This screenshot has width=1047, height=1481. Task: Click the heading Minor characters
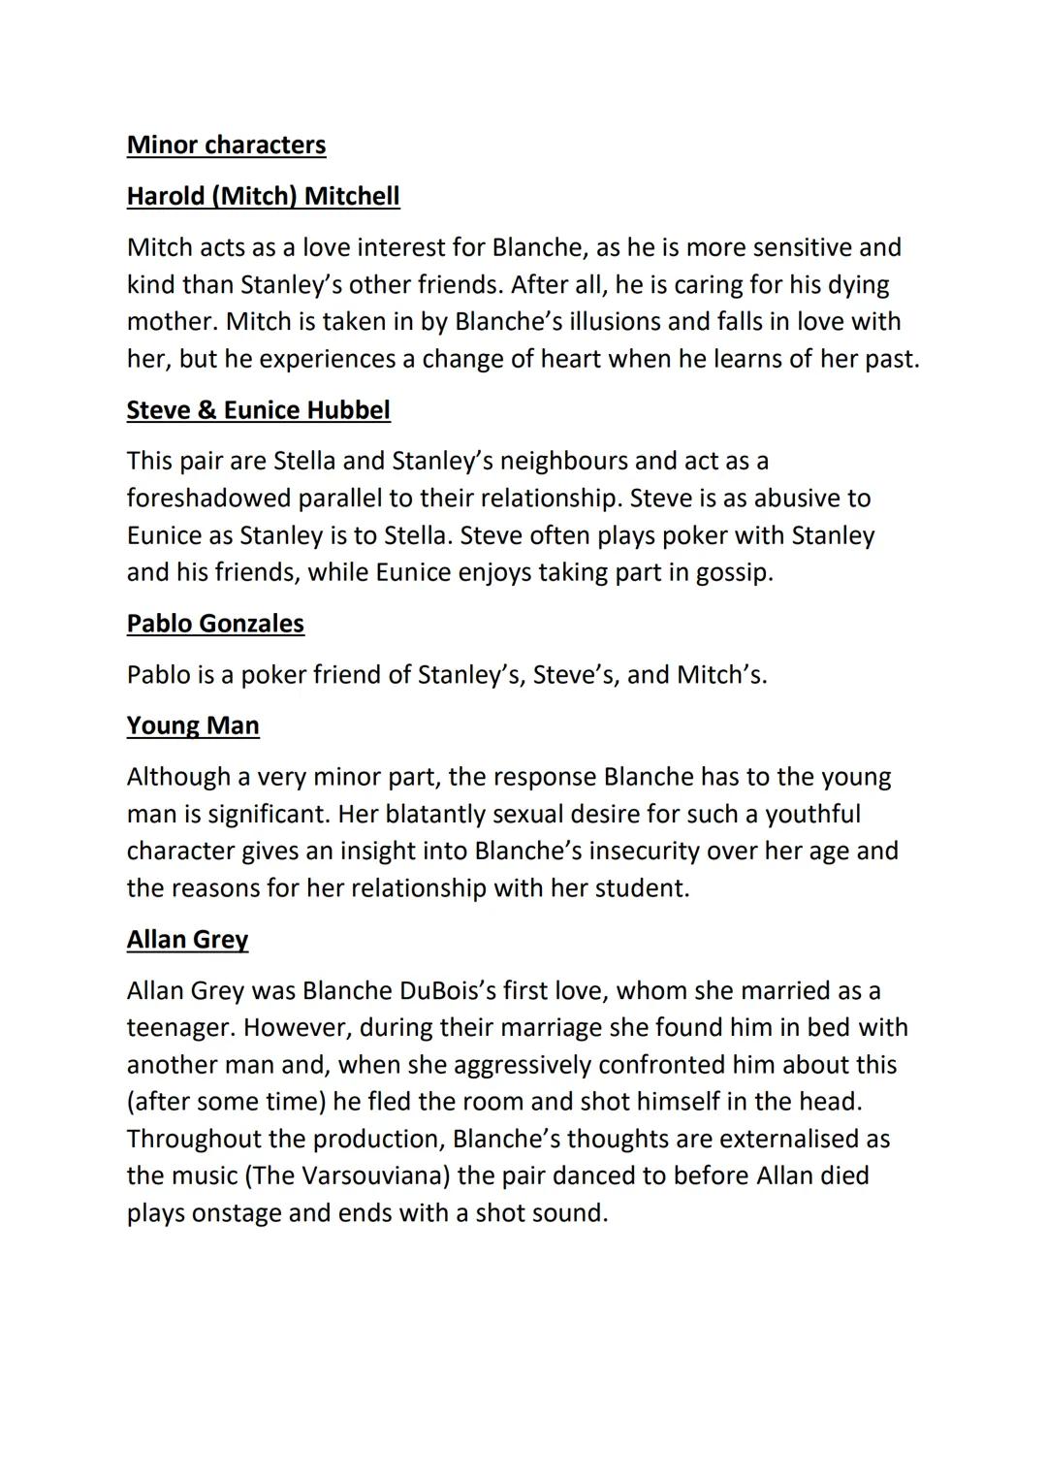(226, 145)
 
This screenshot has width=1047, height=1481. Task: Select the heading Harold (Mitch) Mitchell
(263, 197)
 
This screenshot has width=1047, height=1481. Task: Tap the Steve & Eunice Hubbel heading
(258, 410)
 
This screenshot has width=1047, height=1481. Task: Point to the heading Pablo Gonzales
(215, 624)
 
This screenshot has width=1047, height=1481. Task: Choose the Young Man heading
(193, 726)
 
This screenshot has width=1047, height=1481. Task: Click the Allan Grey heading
(187, 940)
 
